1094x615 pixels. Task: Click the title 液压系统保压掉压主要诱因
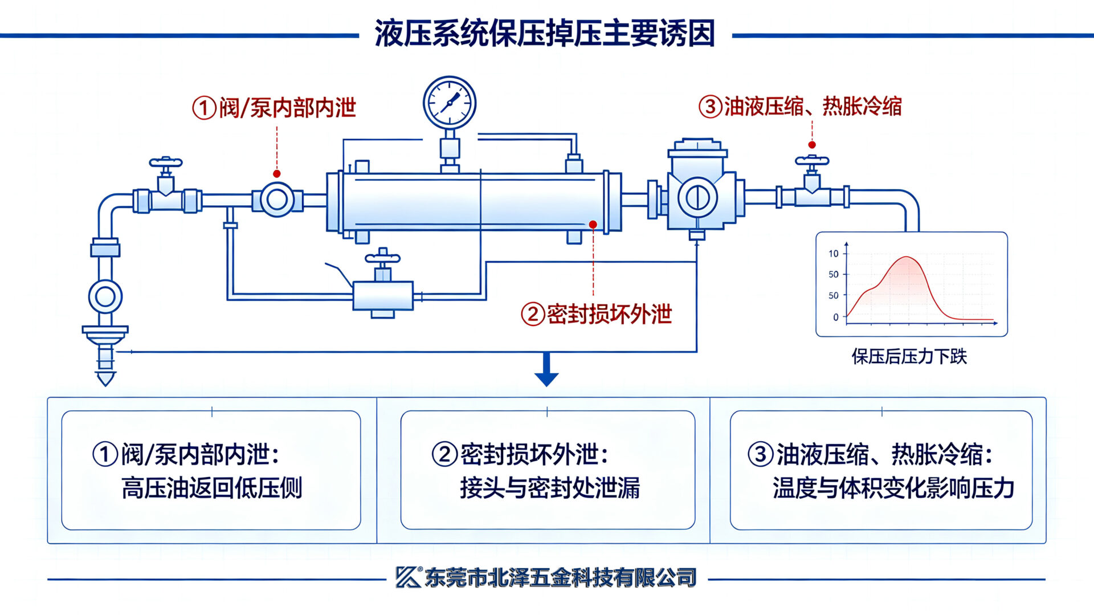(545, 33)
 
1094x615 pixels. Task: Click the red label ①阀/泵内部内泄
(274, 108)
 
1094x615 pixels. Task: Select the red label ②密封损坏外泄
(597, 314)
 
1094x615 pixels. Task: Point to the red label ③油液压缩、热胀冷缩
(800, 107)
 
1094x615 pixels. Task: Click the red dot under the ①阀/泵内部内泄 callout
(277, 174)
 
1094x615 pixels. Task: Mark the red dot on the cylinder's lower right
(593, 225)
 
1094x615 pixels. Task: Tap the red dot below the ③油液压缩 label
(812, 145)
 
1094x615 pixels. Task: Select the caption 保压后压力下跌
(909, 357)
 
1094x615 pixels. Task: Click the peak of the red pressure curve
(907, 257)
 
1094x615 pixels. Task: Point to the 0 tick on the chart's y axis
(836, 317)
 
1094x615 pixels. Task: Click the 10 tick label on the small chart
(834, 254)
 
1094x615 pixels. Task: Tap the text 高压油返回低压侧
(212, 488)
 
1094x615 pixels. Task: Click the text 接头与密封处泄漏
(550, 488)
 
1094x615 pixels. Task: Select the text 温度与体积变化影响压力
(893, 488)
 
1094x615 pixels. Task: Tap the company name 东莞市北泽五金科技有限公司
(561, 578)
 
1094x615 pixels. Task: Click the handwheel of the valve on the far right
(812, 161)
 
